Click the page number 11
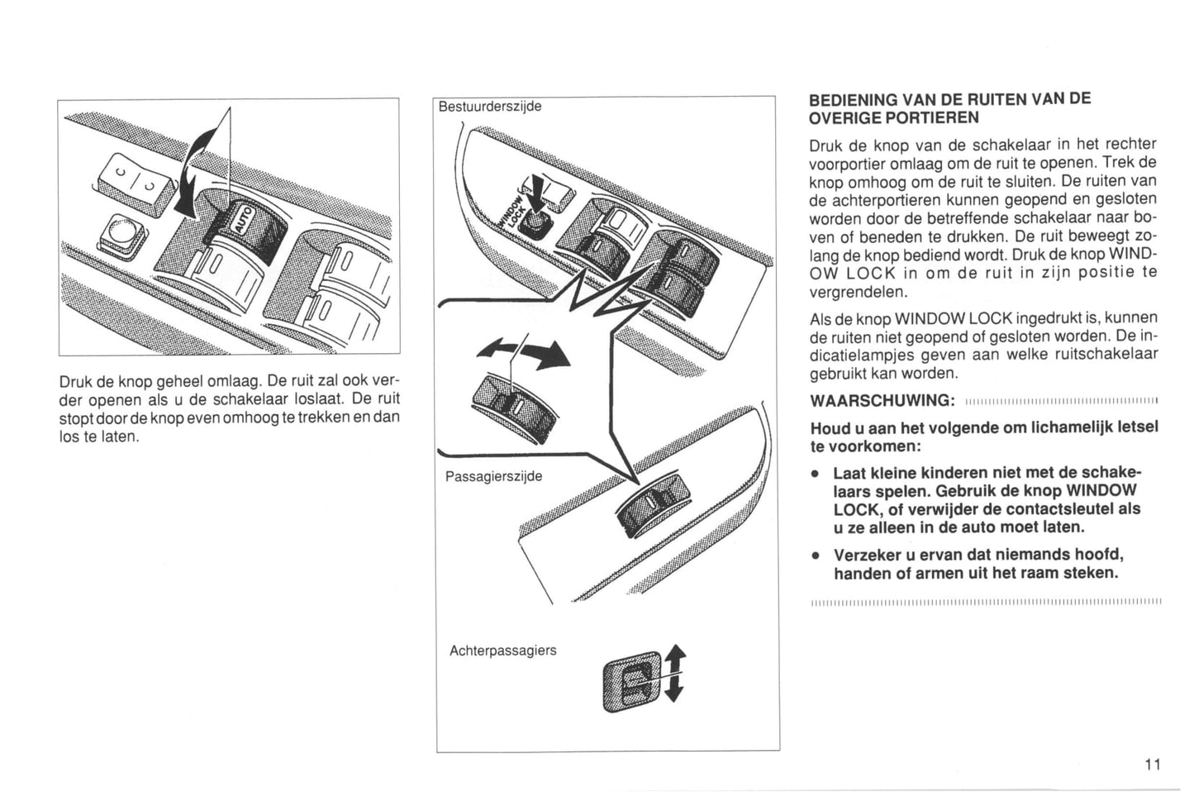click(x=1153, y=765)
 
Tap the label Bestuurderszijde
click(x=490, y=107)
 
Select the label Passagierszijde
click(x=493, y=476)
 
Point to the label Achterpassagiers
click(x=502, y=651)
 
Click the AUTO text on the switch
click(x=242, y=219)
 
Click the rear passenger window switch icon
click(x=632, y=681)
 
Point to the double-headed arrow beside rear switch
click(x=675, y=673)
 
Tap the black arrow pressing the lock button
click(x=535, y=198)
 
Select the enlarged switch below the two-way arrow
click(x=514, y=408)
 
